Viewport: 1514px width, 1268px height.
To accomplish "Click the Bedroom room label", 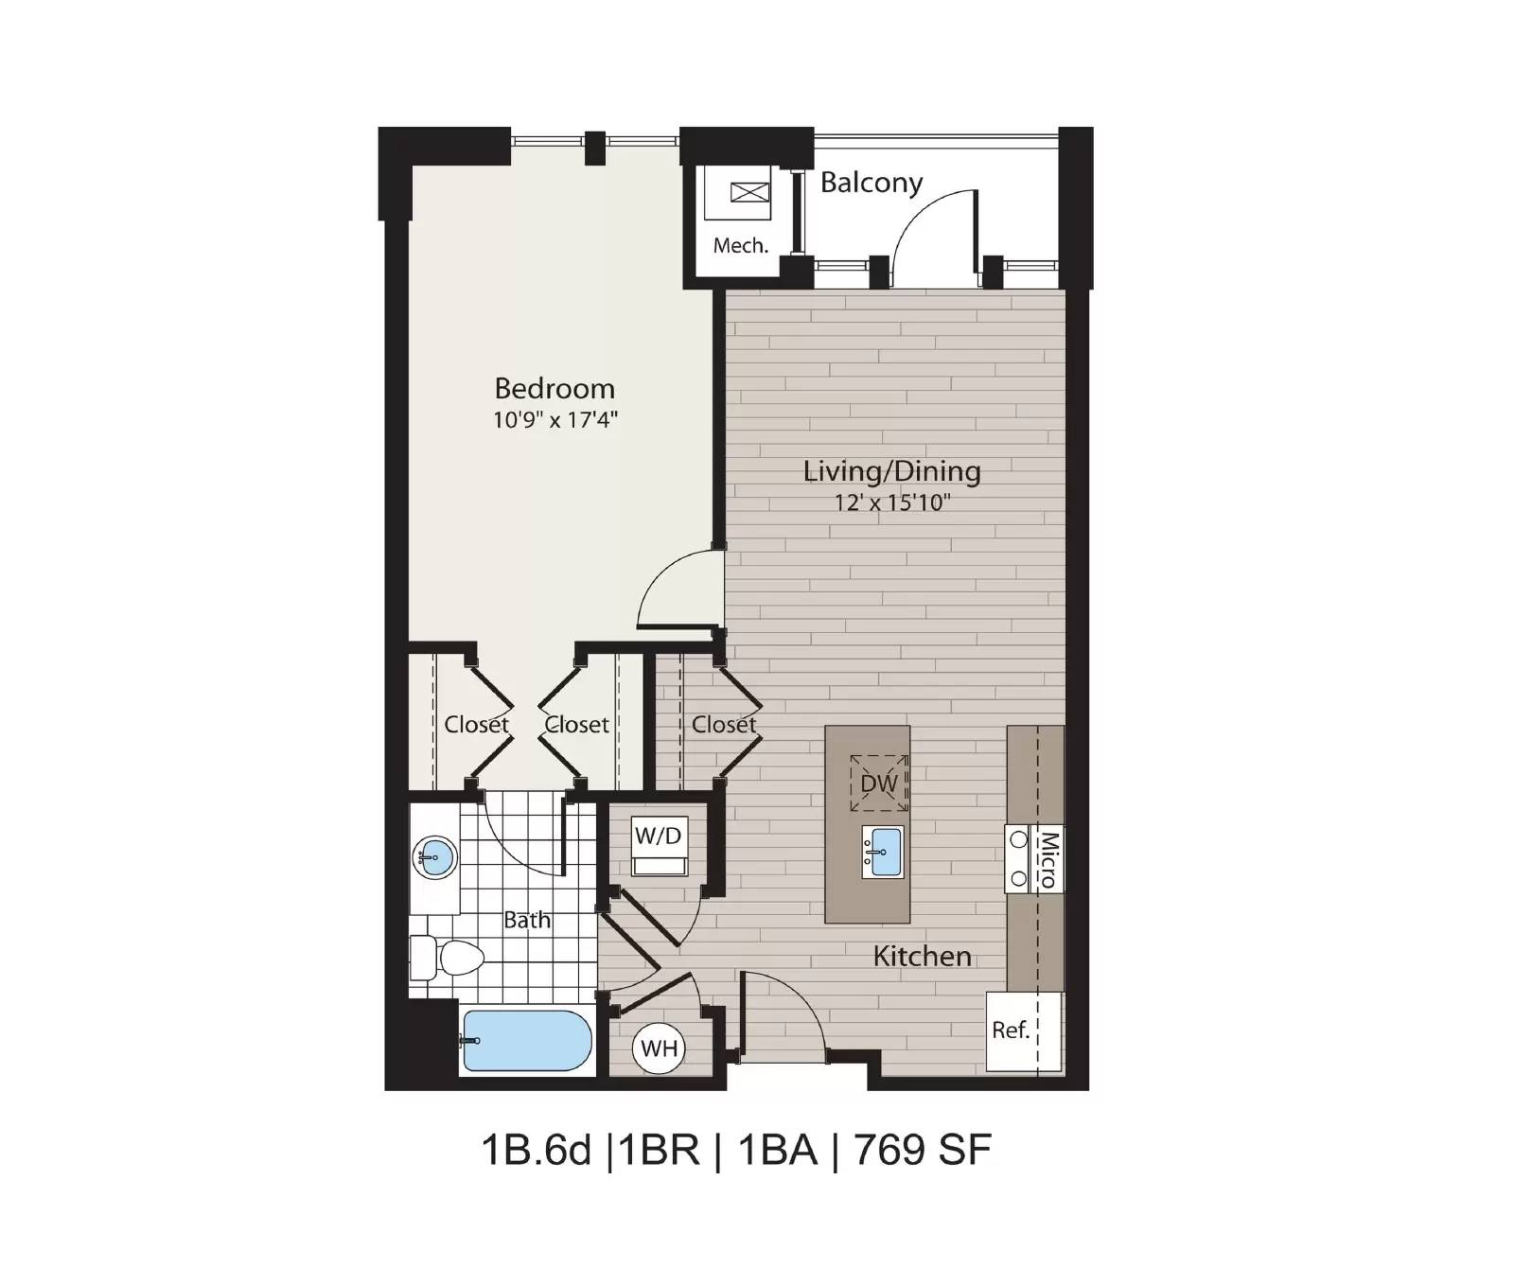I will click(555, 388).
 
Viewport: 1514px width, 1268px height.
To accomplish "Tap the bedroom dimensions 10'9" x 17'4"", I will click(555, 419).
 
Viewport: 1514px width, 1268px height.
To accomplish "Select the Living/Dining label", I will click(891, 471).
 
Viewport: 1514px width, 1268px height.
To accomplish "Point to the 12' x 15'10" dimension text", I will click(891, 502).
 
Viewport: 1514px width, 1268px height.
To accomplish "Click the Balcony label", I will click(871, 183).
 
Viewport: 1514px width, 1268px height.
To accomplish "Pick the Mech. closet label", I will click(740, 246).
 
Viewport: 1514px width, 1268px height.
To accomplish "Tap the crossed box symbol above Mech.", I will click(749, 193).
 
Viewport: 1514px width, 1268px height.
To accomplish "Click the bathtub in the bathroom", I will click(527, 1040).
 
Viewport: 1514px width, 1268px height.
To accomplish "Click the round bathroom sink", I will click(434, 858).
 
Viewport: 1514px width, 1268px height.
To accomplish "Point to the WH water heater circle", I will click(659, 1048).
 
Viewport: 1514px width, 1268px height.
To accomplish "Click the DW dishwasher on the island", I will click(879, 784).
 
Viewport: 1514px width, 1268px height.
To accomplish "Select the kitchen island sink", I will click(882, 852).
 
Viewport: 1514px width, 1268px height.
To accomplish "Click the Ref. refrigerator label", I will click(1011, 1030).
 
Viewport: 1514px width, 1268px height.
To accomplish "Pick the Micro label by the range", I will click(1047, 859).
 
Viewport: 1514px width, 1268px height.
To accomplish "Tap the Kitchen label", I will click(922, 957).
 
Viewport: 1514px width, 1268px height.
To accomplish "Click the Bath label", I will click(527, 920).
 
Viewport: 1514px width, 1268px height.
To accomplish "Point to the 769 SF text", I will click(923, 1151).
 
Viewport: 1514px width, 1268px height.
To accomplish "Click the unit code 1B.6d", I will click(536, 1151).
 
